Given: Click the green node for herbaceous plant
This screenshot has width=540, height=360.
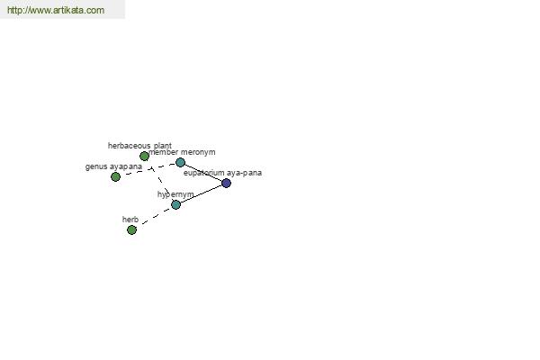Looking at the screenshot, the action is click(x=144, y=157).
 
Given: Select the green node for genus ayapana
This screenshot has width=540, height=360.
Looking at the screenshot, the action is click(x=116, y=176).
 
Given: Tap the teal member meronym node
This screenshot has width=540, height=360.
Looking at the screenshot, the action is click(x=181, y=162).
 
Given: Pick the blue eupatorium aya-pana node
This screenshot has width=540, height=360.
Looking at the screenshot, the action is click(x=226, y=183).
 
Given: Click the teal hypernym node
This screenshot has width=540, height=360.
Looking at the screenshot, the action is click(x=176, y=204).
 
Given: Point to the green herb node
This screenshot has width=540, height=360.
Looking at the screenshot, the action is click(x=131, y=229).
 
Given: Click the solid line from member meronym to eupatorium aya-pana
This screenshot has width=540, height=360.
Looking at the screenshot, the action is click(x=203, y=173).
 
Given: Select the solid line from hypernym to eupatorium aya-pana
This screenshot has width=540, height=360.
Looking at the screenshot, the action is click(x=201, y=194).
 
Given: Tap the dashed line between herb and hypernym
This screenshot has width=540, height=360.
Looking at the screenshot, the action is click(x=154, y=217).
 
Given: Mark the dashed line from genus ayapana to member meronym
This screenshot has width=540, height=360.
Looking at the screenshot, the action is click(x=148, y=169).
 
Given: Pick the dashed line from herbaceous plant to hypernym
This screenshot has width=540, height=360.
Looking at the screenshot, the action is click(x=160, y=181).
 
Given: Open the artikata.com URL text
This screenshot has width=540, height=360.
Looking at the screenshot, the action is click(x=56, y=10).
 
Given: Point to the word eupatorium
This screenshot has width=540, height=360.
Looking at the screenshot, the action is click(x=204, y=173).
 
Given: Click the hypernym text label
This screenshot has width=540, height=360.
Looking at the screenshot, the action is click(x=175, y=194).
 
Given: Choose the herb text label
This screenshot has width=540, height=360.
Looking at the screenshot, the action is click(x=130, y=220).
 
